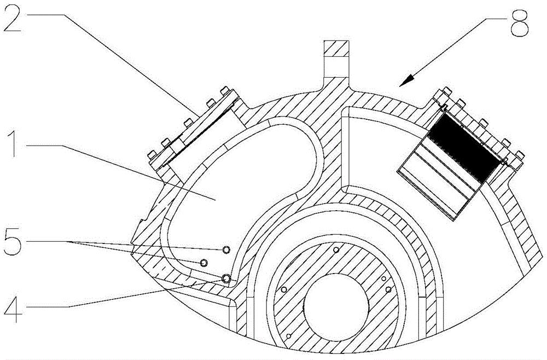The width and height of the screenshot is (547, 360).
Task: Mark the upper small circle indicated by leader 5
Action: [226, 250]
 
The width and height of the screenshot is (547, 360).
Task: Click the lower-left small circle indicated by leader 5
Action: [203, 263]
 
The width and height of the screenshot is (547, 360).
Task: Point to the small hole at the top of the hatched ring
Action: [335, 249]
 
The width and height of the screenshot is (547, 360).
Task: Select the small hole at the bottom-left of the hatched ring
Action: [288, 335]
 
